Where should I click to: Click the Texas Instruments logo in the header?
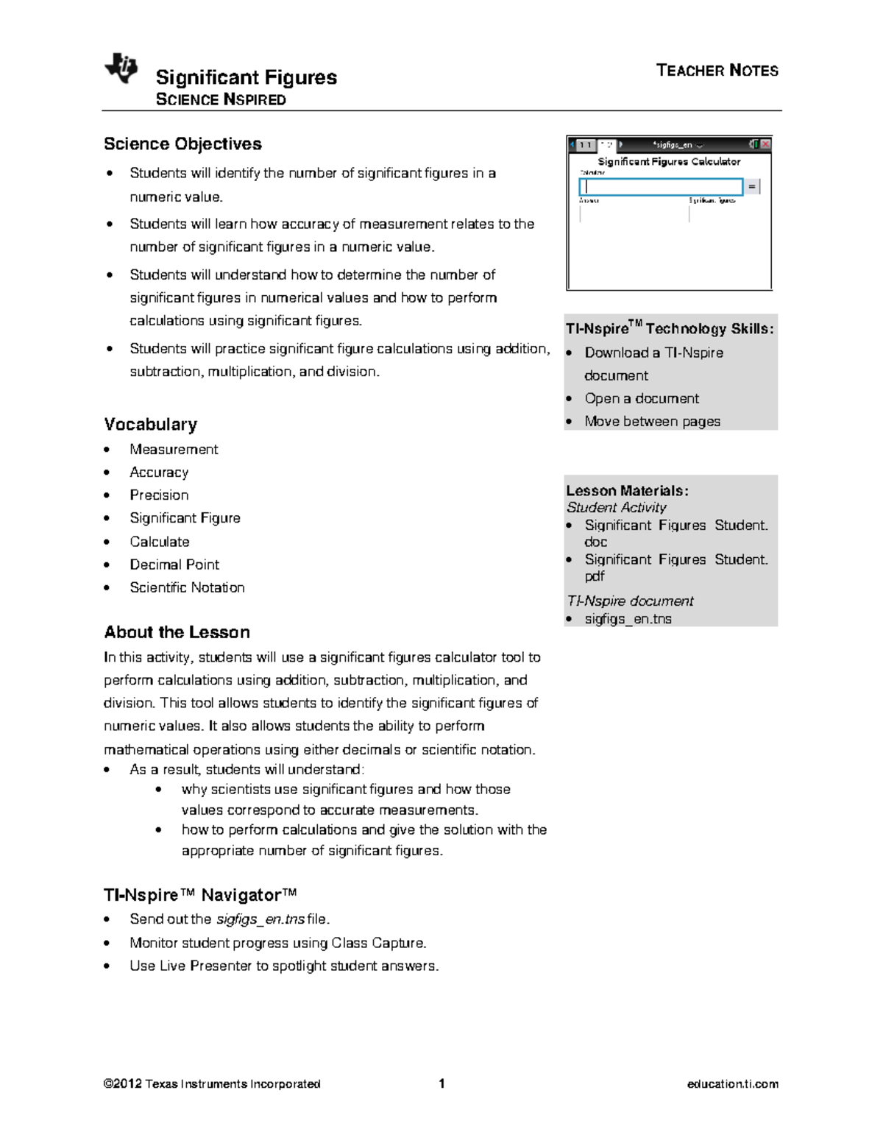[121, 68]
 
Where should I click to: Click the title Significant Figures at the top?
[246, 77]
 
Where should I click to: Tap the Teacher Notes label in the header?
[717, 71]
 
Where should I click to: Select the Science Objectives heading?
[182, 144]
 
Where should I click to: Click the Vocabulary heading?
[151, 425]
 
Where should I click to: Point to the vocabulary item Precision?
[159, 495]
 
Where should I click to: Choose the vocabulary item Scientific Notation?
[187, 587]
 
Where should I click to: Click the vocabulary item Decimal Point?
[174, 565]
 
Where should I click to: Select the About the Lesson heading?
[177, 632]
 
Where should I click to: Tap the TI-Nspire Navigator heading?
[200, 895]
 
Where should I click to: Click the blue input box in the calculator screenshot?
[661, 187]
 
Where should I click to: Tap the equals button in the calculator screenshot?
[751, 187]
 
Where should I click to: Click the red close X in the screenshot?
[765, 145]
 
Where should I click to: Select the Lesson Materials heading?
[627, 491]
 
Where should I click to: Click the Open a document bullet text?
[642, 398]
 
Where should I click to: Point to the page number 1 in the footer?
[441, 1083]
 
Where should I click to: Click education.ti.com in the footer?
[732, 1084]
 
